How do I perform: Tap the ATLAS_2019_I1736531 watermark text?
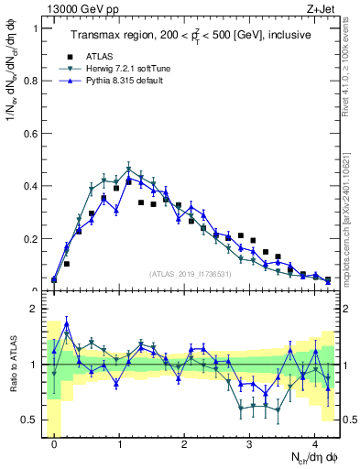point(191,273)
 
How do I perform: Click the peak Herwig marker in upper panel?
point(129,169)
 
